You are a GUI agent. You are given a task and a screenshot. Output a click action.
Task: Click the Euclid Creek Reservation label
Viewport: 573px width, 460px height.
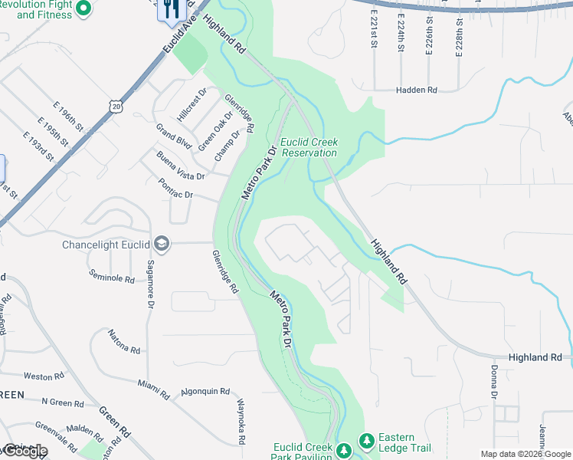point(309,146)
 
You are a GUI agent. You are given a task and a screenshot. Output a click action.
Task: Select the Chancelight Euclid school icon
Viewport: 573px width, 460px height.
point(161,244)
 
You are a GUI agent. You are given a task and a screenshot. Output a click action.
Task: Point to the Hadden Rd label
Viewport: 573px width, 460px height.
point(416,90)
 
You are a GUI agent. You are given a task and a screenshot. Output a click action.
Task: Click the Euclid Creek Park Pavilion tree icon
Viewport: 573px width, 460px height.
point(344,448)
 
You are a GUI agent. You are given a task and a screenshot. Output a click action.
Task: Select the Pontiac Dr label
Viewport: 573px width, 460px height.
point(175,189)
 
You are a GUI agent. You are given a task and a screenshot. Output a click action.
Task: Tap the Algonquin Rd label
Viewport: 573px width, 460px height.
point(205,391)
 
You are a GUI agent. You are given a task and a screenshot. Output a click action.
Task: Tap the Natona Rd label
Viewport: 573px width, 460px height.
point(124,343)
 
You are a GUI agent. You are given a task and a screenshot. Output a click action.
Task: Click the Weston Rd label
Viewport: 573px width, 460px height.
point(44,376)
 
